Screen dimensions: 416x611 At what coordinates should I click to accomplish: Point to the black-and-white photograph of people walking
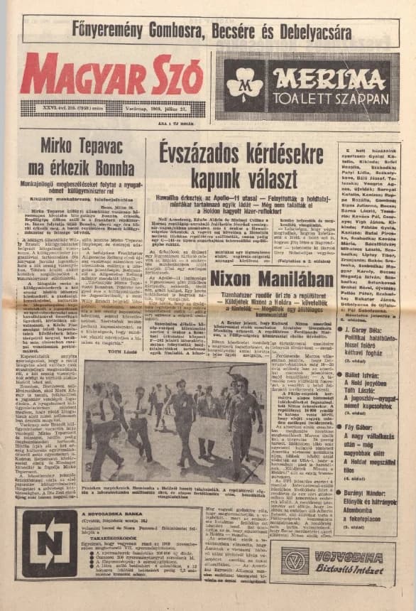pos(175,418)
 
